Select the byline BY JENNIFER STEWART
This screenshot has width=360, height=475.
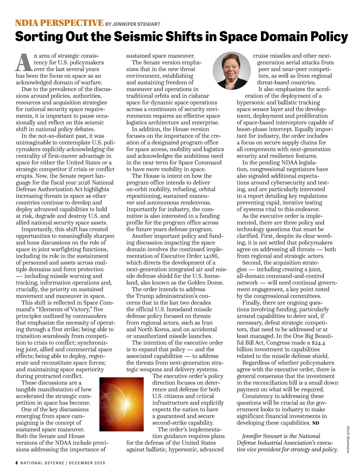(133, 24)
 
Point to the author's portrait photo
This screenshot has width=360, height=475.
(231, 70)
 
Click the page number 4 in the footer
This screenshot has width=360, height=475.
(16, 463)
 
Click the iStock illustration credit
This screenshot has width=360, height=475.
(349, 439)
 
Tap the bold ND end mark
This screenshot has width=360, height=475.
(315, 423)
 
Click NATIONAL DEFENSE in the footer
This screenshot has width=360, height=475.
(42, 463)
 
